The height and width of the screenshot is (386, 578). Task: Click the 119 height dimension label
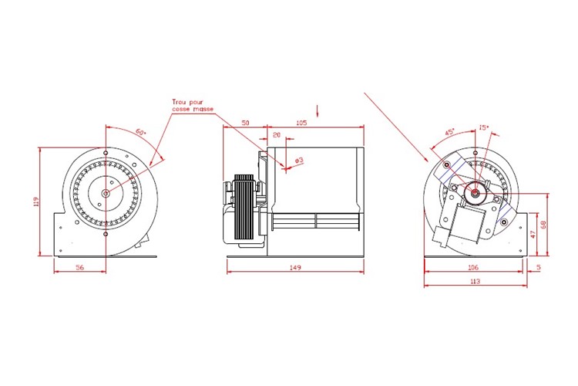click(x=35, y=202)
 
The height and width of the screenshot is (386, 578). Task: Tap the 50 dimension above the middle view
click(x=244, y=124)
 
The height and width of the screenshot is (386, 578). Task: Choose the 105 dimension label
click(x=301, y=124)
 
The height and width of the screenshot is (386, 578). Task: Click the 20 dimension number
click(x=276, y=135)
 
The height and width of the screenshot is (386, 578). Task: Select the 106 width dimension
click(x=474, y=266)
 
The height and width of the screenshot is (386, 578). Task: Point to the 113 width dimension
click(x=474, y=282)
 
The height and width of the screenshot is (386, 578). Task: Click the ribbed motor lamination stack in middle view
click(x=245, y=208)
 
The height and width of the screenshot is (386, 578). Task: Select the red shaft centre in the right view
click(x=475, y=192)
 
